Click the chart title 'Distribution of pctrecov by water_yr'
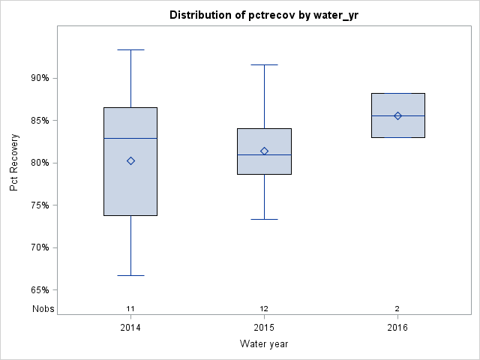tap(264, 15)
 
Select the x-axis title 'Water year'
tap(264, 343)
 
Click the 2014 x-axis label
tap(130, 328)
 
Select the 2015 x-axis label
tap(264, 328)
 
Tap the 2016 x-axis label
tap(397, 328)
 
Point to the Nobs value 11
tap(130, 308)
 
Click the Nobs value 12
tap(264, 308)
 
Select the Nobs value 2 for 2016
tap(397, 308)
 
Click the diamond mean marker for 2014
tap(130, 160)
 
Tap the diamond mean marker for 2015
tap(264, 151)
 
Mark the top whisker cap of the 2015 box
tap(264, 65)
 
